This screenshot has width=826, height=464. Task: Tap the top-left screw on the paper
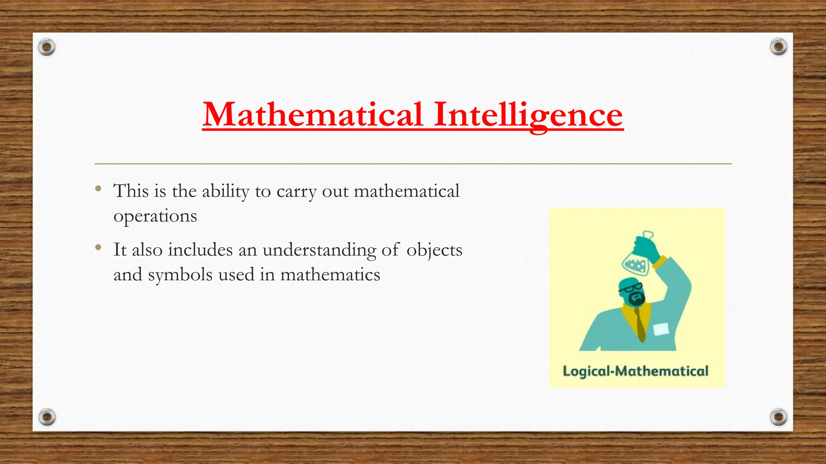point(47,48)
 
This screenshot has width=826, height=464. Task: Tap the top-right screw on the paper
point(778,47)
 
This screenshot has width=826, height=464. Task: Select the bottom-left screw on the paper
point(47,417)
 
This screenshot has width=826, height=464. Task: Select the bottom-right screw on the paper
point(778,417)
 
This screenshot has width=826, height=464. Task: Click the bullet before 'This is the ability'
point(98,188)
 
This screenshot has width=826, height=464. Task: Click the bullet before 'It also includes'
point(98,247)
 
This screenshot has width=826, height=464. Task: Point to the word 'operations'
point(155,216)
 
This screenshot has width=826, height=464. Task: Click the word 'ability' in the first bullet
point(225,191)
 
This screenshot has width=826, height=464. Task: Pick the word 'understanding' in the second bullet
point(319,250)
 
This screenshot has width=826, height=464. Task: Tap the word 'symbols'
point(180,275)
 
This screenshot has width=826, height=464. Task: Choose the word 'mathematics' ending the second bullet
point(330,275)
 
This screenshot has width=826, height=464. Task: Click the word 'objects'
point(434,250)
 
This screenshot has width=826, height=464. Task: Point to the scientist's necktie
point(640,324)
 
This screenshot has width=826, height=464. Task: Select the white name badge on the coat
point(661,329)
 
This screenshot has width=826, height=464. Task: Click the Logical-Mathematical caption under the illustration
point(635,371)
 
